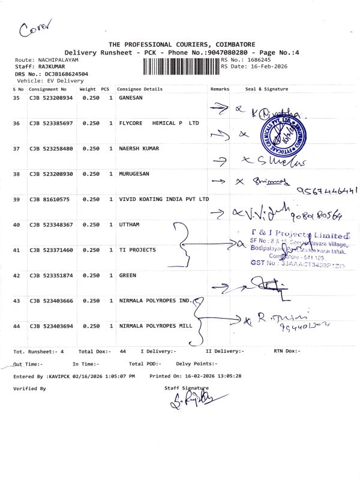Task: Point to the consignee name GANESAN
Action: [x=131, y=97]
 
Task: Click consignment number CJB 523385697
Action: [x=51, y=123]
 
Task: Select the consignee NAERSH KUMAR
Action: [x=139, y=148]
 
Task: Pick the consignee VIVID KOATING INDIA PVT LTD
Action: [x=164, y=199]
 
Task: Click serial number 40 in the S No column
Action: [x=16, y=224]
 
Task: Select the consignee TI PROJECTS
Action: [x=137, y=250]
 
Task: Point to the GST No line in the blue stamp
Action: [x=296, y=263]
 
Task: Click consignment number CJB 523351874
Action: [x=51, y=275]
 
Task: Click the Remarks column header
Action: [x=220, y=89]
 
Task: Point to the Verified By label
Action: [x=29, y=389]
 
